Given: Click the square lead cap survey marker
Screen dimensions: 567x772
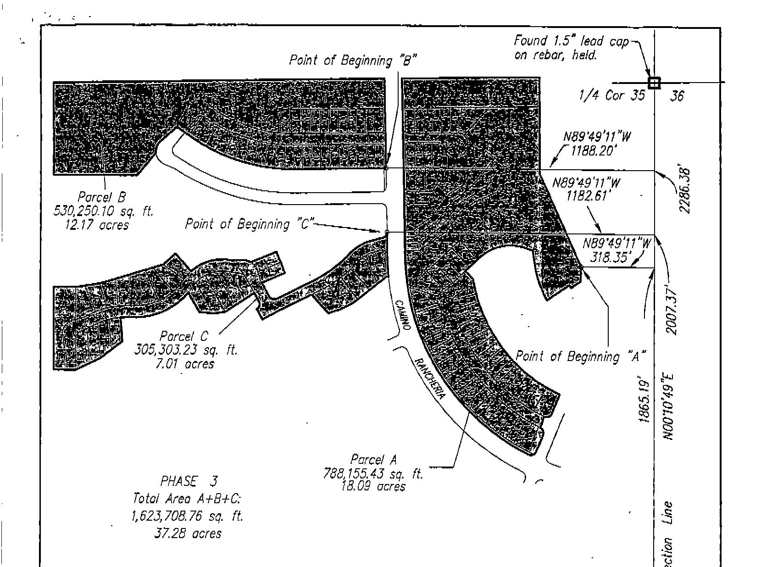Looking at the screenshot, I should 654,83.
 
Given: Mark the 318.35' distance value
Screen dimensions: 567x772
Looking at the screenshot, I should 608,257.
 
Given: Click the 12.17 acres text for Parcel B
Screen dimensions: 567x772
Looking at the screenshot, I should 97,225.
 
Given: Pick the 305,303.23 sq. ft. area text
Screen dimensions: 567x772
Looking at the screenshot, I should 186,350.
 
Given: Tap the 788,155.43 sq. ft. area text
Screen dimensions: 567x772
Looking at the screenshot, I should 373,473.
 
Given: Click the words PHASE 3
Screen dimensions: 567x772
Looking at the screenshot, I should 189,481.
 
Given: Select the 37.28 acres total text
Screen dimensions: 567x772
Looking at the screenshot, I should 188,534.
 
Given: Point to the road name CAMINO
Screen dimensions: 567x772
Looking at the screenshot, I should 402,316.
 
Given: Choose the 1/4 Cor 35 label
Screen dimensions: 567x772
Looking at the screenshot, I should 611,95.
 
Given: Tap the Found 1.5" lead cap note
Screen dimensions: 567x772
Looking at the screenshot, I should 571,48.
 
